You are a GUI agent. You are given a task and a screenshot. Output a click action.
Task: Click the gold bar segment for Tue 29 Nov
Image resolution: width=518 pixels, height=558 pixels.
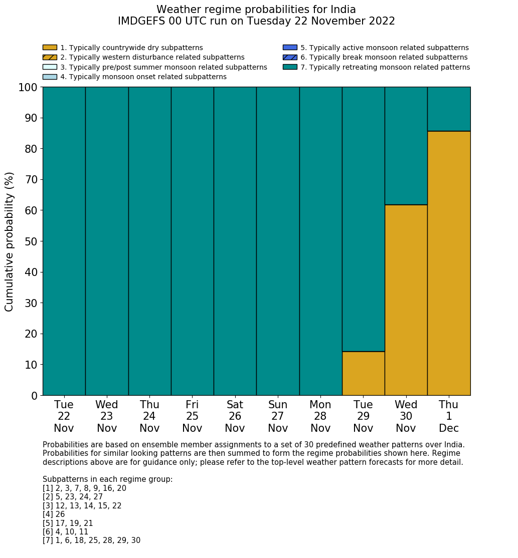[x=363, y=373]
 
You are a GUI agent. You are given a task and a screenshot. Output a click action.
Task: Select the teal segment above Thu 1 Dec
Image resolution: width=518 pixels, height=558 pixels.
[x=449, y=109]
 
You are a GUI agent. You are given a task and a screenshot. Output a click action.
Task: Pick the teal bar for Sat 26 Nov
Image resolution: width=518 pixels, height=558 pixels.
[x=235, y=241]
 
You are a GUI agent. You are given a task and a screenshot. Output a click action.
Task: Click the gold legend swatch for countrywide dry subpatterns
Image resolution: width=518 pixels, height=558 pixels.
[x=50, y=48]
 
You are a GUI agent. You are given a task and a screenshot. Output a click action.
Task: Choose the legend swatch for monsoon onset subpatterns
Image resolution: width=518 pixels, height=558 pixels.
[x=50, y=77]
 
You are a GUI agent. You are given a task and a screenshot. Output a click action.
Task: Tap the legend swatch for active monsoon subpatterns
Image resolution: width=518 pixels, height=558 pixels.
[x=290, y=48]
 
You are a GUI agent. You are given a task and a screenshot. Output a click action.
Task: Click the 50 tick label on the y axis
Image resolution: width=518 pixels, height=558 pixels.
[x=31, y=241]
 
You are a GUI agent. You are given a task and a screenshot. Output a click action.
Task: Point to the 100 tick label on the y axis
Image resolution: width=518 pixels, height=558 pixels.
[x=28, y=88]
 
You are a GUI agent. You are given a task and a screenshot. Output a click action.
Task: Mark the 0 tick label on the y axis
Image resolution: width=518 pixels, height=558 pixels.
[x=34, y=396]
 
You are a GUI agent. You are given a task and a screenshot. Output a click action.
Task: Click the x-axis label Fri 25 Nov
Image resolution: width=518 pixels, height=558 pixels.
[x=192, y=416]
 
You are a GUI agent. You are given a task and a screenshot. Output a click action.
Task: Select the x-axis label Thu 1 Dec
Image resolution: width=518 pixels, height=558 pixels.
[x=449, y=416]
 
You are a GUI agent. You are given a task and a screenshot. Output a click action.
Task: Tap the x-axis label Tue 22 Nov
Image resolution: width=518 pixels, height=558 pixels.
[x=64, y=416]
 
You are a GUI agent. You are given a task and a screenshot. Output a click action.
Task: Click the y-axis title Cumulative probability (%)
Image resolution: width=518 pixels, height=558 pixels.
[x=10, y=241]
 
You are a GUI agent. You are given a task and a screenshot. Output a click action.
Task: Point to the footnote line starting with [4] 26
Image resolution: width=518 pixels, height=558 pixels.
[x=54, y=514]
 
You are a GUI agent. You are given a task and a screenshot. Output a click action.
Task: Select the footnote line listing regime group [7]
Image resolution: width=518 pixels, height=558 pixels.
[x=91, y=540]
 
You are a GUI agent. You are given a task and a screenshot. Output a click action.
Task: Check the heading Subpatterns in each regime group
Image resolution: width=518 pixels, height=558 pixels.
[x=107, y=479]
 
